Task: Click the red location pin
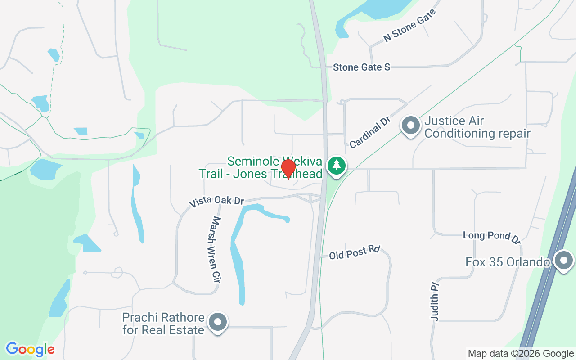288,169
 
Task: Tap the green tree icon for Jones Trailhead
336,165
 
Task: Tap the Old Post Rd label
355,252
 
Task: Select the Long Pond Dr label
492,236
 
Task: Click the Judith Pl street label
435,301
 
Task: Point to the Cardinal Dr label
369,133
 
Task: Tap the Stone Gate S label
361,67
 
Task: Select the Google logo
30,349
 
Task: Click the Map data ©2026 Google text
521,354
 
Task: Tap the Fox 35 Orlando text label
508,262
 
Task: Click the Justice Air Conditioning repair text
477,127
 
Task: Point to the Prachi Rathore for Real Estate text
163,324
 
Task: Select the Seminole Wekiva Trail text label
261,167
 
